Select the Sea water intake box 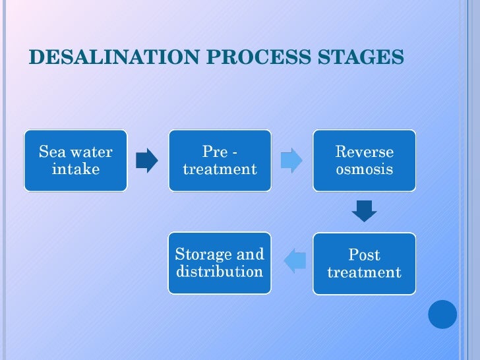(x=76, y=161)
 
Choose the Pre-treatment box (x=220, y=161)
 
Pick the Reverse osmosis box (x=364, y=161)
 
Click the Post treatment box (x=364, y=264)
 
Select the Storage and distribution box (x=220, y=263)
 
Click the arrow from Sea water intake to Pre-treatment (x=147, y=160)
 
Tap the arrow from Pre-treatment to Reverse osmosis (x=291, y=160)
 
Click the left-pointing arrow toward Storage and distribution (x=295, y=262)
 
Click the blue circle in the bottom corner (x=442, y=315)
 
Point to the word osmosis (x=364, y=170)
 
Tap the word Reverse (x=364, y=152)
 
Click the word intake (x=76, y=170)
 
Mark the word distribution (x=220, y=272)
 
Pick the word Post (x=364, y=255)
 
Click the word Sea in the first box (x=51, y=152)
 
